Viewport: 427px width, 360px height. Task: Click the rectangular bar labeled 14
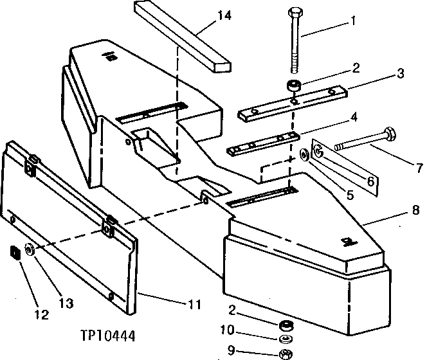(183, 35)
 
